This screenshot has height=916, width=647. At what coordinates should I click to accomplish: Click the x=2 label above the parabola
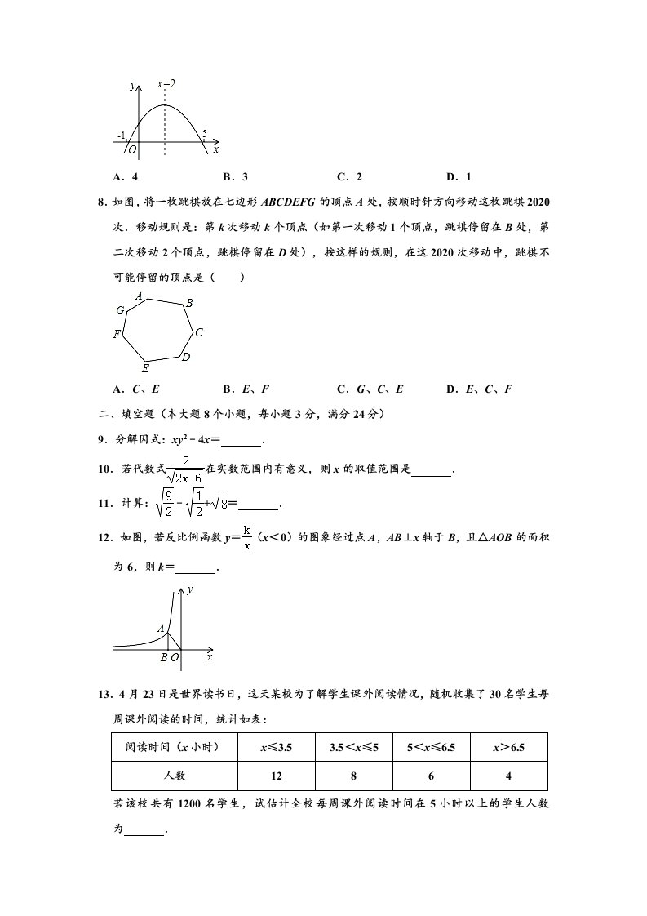click(167, 84)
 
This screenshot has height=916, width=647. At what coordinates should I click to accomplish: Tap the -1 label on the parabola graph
click(121, 136)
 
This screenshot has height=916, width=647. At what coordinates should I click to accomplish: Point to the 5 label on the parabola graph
click(204, 134)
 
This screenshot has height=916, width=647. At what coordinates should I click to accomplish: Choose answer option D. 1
click(459, 176)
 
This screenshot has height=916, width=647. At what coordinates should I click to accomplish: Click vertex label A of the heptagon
click(140, 296)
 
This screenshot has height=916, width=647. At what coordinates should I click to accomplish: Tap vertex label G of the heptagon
click(120, 310)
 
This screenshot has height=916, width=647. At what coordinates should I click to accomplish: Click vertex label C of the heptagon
click(198, 332)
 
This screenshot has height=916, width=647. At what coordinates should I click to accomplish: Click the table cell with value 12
click(276, 775)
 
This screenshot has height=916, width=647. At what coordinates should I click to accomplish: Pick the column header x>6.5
click(508, 747)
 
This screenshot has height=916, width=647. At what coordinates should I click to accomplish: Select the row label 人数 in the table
click(175, 775)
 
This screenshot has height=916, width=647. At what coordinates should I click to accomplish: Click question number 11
click(103, 505)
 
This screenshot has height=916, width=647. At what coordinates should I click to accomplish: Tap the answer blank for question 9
click(242, 441)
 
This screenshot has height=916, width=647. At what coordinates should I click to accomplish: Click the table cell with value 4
click(508, 775)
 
